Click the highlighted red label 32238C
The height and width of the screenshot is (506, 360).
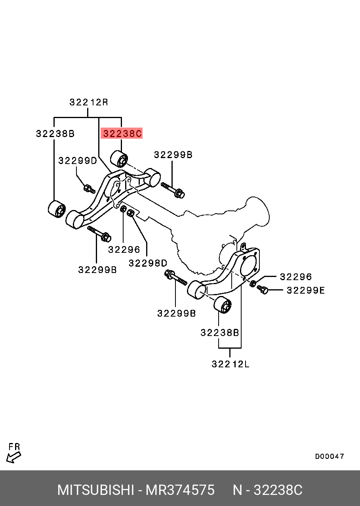coord(122,134)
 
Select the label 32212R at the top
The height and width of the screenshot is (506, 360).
coord(89,102)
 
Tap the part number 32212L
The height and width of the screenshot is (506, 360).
coord(230,364)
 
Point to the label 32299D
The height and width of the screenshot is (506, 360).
coord(78,160)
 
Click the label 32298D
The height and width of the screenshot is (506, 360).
coord(148,263)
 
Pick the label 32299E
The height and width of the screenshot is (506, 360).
coord(305,290)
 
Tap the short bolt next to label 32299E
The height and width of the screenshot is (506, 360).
coord(263,290)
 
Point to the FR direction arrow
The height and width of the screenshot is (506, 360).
coord(14,457)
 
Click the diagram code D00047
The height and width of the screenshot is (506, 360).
coord(330,456)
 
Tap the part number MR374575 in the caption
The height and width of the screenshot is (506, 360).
coord(180,490)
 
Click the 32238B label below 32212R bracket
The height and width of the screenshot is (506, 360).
coord(55,134)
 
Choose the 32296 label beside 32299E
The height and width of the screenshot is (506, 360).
coord(296,277)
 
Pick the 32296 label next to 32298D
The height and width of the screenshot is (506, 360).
coord(124,249)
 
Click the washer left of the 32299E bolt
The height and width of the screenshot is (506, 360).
coord(253,283)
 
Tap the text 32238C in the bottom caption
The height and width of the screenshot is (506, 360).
coord(278,490)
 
